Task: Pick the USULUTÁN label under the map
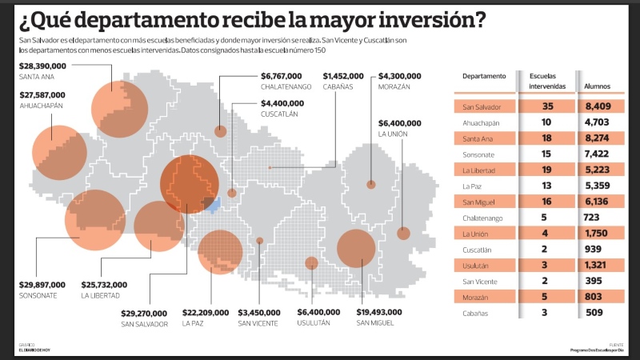coord(315,323)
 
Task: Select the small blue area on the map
coord(213,206)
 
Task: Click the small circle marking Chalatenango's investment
coord(220,133)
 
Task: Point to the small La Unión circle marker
coord(403,234)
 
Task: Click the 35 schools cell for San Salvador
coord(547,106)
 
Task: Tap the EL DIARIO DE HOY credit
coord(35,350)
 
